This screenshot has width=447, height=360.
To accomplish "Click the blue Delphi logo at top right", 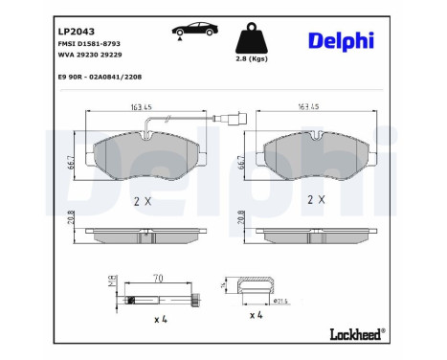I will point(342,41).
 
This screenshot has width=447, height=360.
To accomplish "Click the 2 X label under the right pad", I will point(316,202).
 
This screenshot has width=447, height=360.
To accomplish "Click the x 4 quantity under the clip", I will point(256,314).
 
